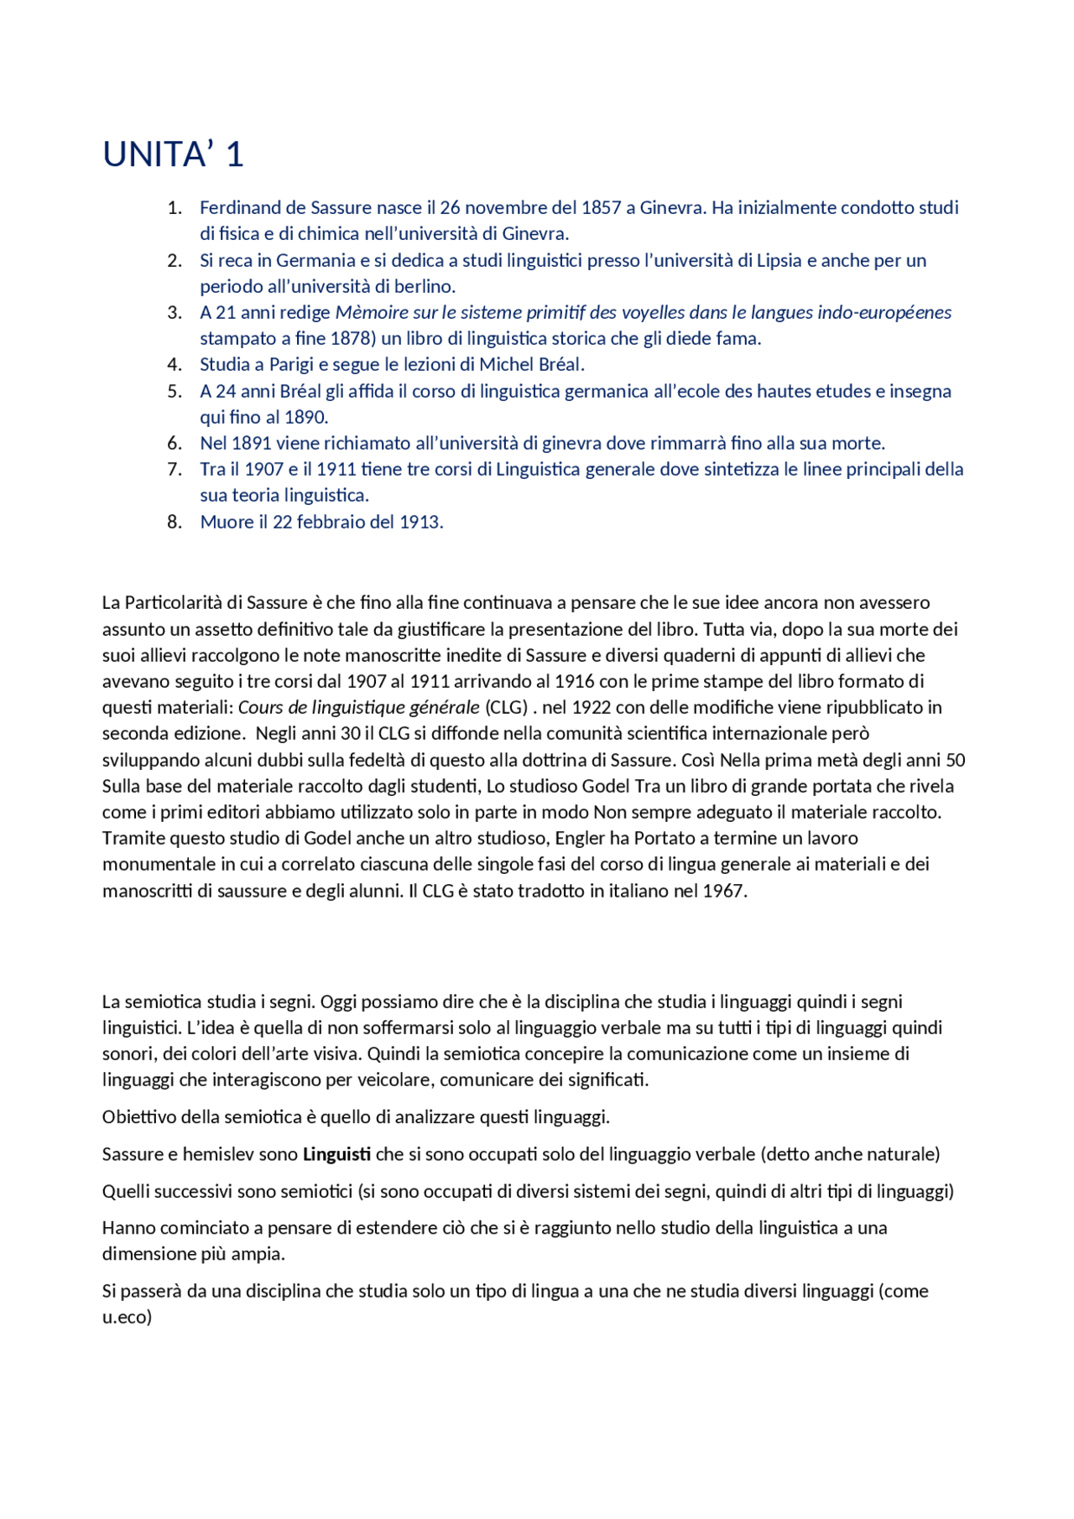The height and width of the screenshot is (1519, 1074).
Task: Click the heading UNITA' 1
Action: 173,155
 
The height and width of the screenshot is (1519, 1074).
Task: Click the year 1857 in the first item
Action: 601,208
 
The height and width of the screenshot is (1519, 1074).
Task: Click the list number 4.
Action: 175,365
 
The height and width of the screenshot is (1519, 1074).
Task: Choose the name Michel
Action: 503,365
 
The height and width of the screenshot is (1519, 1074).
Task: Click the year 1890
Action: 305,418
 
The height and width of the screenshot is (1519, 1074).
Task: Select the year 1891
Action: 251,444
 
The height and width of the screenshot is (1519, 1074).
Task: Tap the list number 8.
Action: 175,523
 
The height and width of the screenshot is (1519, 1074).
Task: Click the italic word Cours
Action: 261,708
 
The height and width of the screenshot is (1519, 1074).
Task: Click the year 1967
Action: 723,892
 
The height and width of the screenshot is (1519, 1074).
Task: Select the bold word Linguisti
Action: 336,1155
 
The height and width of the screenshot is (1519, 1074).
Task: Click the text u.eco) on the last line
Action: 128,1318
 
